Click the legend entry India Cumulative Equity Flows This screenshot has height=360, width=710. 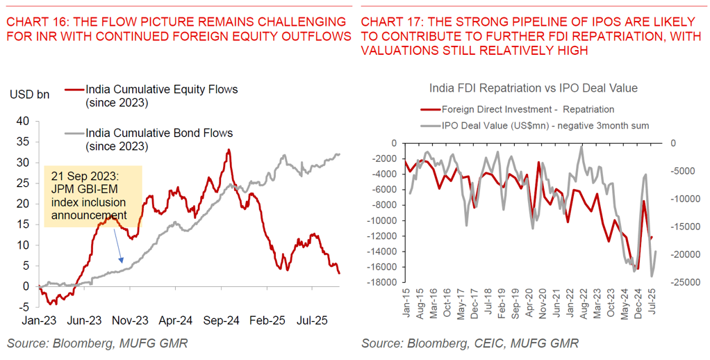(x=161, y=90)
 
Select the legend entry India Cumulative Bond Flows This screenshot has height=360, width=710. (x=158, y=133)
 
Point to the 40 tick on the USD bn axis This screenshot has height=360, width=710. (x=23, y=122)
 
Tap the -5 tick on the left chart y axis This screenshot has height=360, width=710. (x=24, y=307)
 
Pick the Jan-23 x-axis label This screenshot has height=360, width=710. (x=39, y=321)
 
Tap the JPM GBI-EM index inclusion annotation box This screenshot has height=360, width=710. (x=92, y=196)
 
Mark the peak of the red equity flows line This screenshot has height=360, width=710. (x=229, y=149)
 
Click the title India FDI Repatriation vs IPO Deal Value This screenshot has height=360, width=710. (x=533, y=88)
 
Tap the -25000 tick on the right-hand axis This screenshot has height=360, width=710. (x=684, y=282)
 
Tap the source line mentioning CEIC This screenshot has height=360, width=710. (x=470, y=343)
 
